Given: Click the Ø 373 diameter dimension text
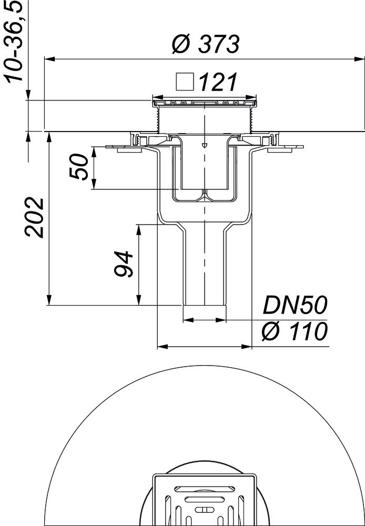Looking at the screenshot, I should (206, 44).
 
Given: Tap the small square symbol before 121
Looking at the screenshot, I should (185, 82).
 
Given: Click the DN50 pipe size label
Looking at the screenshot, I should (295, 306).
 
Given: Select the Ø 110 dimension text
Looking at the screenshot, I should (295, 332).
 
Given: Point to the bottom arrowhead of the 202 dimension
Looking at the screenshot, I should (49, 301).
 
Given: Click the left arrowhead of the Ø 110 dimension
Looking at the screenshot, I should (162, 347).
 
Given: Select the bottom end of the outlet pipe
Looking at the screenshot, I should (205, 305).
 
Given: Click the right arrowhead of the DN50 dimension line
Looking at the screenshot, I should (223, 320).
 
